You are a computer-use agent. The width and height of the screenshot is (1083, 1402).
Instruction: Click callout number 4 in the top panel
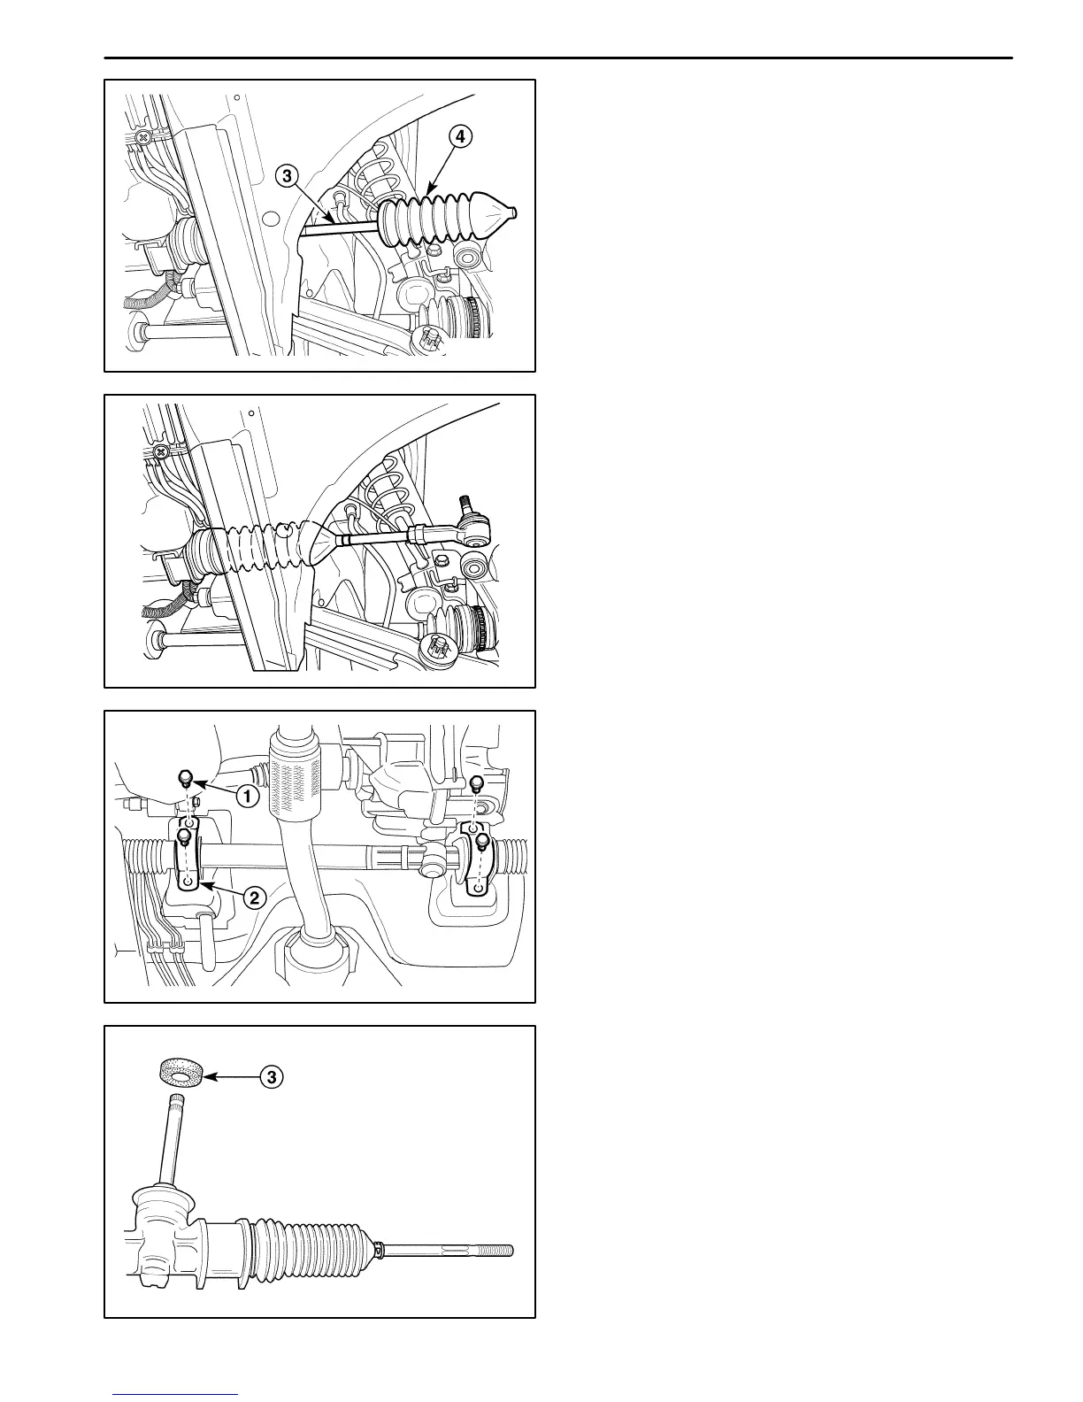(x=459, y=137)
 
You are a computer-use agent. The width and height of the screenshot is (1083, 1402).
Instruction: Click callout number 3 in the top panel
(x=286, y=176)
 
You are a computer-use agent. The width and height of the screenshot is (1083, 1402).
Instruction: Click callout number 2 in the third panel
(x=253, y=897)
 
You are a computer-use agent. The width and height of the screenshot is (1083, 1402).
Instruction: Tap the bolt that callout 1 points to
(x=185, y=778)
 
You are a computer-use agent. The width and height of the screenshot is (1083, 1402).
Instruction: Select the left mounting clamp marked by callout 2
(x=187, y=857)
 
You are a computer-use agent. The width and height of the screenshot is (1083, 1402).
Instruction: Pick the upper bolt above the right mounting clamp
(x=477, y=782)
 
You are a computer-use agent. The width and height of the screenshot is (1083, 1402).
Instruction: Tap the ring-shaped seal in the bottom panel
(x=181, y=1074)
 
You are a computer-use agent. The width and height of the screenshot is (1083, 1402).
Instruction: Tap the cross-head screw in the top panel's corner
(x=143, y=138)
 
